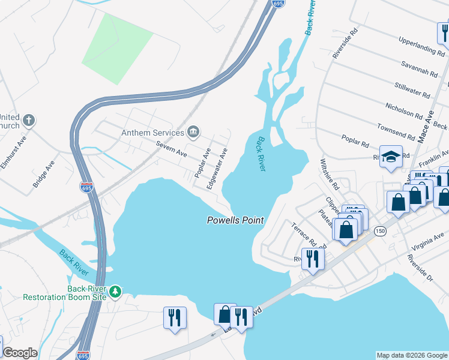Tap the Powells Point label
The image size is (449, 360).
[x=235, y=220]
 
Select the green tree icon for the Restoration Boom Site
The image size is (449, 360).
[x=114, y=292]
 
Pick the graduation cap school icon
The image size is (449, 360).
[x=391, y=157]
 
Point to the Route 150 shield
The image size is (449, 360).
[x=379, y=230]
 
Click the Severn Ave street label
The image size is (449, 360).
[x=171, y=149]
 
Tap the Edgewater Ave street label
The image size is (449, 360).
[x=217, y=169]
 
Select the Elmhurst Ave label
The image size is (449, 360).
[x=13, y=152]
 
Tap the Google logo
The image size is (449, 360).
[x=20, y=353]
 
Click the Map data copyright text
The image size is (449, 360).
[x=412, y=355]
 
